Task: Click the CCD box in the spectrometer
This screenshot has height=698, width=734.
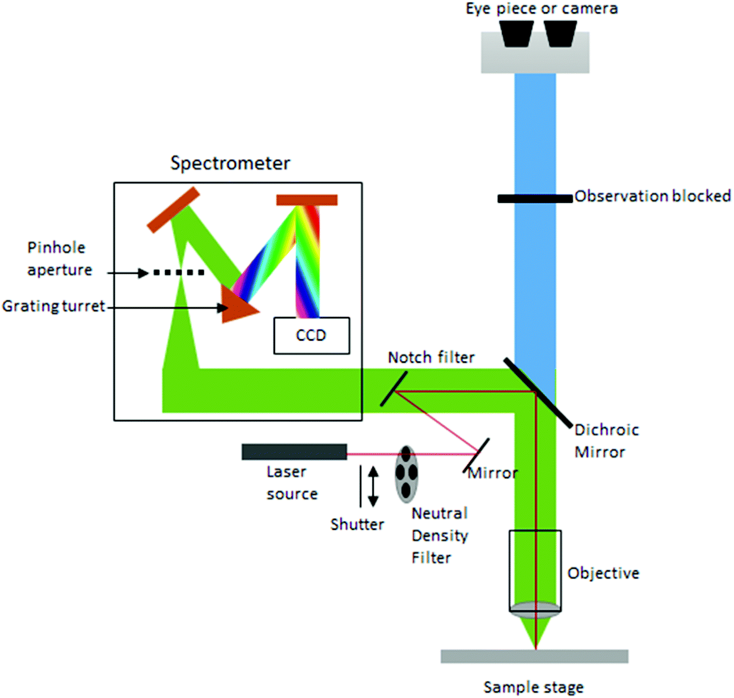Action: click(311, 336)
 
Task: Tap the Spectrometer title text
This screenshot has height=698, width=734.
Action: click(230, 163)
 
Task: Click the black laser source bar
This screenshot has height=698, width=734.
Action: click(294, 452)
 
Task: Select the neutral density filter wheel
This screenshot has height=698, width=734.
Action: click(406, 474)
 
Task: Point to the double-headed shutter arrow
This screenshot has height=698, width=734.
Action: click(373, 486)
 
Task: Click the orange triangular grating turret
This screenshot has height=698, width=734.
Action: click(237, 306)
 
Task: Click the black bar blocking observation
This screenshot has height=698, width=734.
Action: click(534, 198)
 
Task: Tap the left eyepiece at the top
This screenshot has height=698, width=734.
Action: click(516, 33)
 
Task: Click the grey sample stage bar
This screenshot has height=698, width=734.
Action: click(534, 656)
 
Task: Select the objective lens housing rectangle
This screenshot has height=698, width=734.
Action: click(535, 567)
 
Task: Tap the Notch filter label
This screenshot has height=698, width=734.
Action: click(431, 357)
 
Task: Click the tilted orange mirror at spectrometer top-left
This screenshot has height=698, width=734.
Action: click(173, 210)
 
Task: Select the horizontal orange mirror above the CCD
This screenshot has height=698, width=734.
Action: click(307, 200)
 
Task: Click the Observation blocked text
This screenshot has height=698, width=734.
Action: click(652, 196)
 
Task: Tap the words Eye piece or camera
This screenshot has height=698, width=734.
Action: click(542, 9)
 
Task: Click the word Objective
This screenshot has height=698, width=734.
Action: click(603, 573)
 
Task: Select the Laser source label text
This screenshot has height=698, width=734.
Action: click(292, 483)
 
